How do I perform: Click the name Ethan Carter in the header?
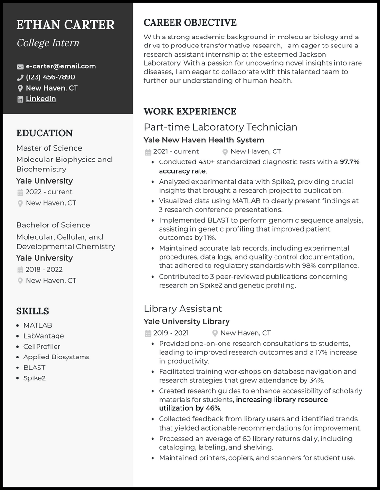65,25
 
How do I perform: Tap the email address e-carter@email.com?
61,66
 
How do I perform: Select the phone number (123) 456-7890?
50,77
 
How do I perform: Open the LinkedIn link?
41,99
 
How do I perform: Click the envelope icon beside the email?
20,66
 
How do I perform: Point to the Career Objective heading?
190,22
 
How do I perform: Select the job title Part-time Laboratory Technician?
220,127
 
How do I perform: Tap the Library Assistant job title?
183,309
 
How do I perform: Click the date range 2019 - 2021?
171,333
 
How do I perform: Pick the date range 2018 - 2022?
44,269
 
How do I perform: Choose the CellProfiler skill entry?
42,347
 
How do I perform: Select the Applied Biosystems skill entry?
56,357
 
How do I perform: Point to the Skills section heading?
33,311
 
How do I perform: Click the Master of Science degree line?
49,148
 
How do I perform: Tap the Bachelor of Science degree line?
53,225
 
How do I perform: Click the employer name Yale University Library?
187,321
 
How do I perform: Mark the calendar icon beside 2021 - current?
148,152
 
